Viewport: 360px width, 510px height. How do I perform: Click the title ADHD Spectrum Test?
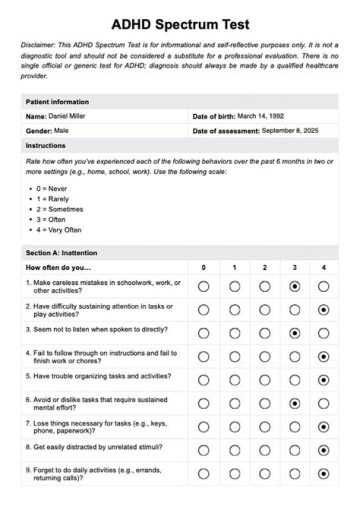(180, 24)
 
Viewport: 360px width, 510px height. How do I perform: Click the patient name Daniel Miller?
(66, 116)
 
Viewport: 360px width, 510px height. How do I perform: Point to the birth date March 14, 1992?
(260, 116)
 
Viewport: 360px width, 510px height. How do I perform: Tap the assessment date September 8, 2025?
(290, 131)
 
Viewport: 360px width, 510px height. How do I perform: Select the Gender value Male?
(61, 131)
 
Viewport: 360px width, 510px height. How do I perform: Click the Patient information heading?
(57, 102)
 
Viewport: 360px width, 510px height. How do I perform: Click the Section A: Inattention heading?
(61, 253)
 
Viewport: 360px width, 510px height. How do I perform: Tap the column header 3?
(294, 268)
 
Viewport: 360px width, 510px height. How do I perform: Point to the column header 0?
(203, 268)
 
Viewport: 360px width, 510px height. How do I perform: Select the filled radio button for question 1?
(295, 287)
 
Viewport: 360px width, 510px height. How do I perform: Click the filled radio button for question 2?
(324, 310)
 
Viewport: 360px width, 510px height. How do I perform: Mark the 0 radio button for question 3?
(203, 333)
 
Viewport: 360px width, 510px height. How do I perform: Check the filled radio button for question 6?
(295, 403)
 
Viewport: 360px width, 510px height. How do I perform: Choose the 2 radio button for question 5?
(265, 380)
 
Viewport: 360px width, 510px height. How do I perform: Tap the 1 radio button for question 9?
(234, 473)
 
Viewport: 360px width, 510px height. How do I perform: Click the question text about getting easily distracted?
(97, 447)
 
